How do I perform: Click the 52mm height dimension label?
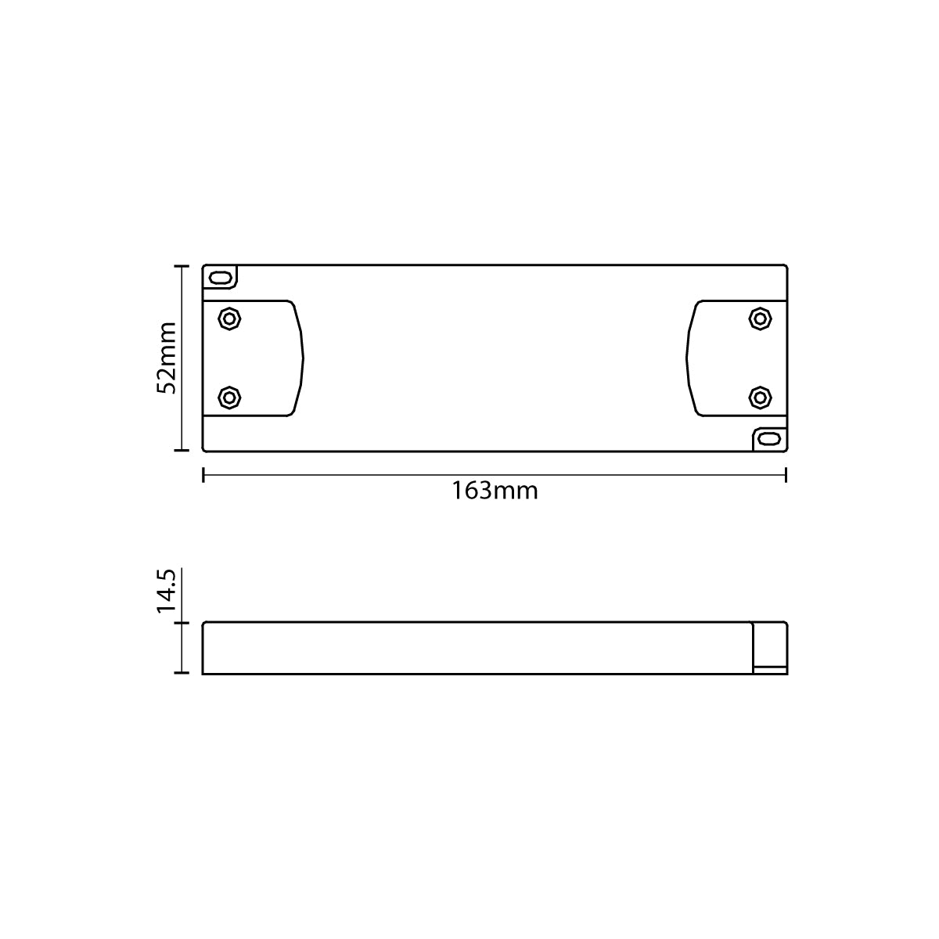coord(166,358)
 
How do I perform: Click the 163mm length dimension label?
coord(495,491)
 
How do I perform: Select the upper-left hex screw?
coord(229,319)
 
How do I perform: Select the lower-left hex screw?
coord(229,398)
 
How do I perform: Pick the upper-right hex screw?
coord(760,319)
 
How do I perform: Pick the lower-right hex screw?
coord(760,398)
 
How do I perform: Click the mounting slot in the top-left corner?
coord(220,279)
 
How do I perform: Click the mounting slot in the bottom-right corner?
coord(769,438)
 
